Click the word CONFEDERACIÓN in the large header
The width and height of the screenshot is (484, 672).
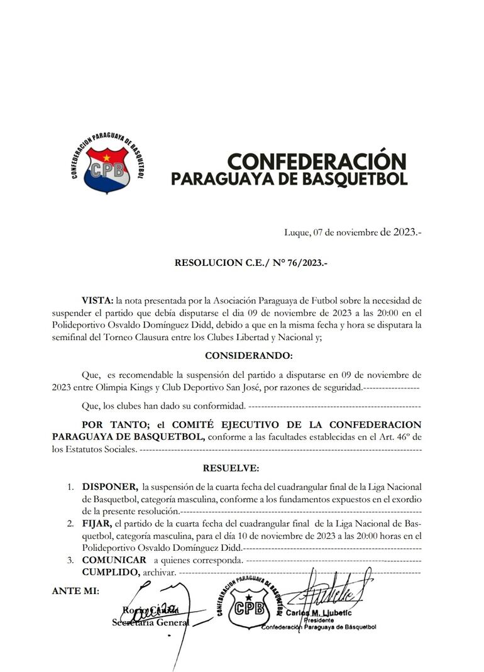tap(316, 162)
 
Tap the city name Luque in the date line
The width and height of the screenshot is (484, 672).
tap(297, 233)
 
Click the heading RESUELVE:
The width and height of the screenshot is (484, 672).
tap(231, 468)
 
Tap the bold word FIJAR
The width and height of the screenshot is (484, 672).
tap(96, 523)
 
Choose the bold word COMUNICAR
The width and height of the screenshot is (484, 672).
tap(114, 559)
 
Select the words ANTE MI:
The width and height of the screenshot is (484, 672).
tap(75, 591)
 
